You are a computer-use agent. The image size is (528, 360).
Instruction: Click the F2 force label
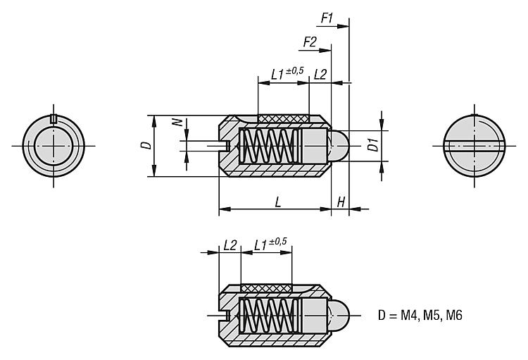click(310, 42)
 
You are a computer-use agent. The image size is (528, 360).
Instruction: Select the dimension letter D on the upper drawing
click(145, 145)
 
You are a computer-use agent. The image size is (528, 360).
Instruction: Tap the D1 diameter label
click(374, 146)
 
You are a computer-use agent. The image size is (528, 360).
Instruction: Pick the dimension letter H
click(341, 202)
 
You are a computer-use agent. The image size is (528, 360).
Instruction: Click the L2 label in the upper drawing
click(320, 74)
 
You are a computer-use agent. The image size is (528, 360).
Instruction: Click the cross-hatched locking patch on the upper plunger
click(284, 118)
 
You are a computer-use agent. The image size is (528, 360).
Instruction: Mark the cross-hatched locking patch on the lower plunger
click(266, 287)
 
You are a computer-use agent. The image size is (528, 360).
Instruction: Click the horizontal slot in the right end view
click(475, 147)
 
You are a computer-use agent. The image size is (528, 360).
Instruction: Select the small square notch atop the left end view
click(53, 117)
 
